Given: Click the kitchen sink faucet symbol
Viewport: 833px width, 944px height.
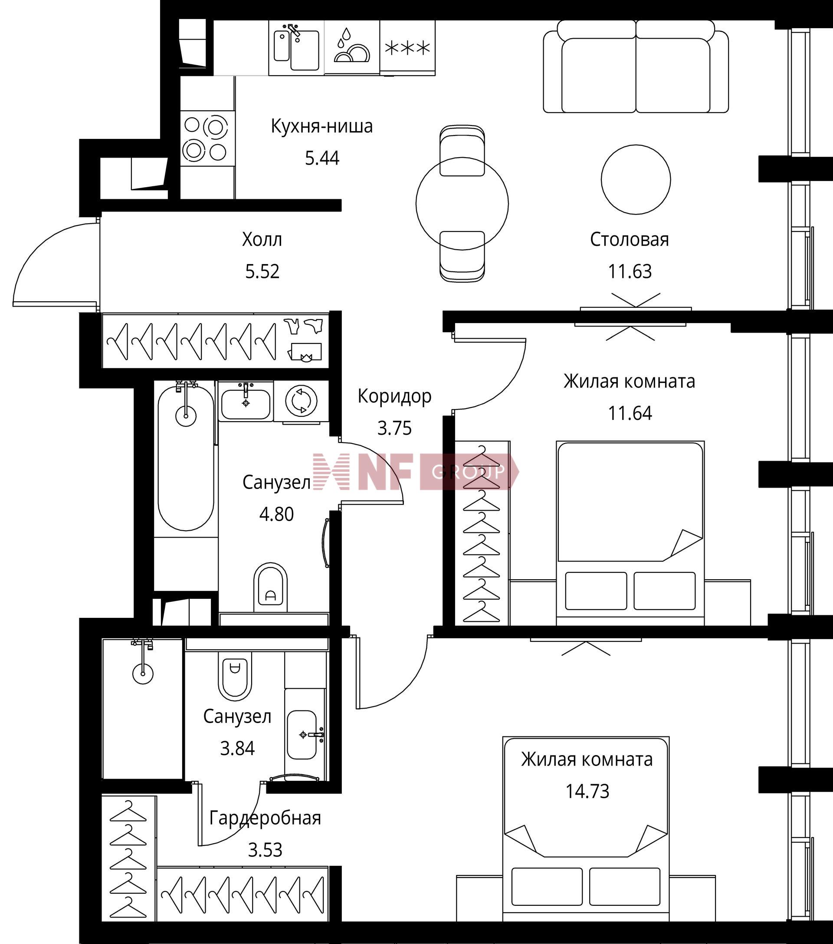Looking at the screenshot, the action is point(294,31).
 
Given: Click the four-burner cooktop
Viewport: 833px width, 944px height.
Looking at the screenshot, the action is point(207,138).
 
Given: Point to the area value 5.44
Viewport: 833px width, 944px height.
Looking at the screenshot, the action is point(322,158).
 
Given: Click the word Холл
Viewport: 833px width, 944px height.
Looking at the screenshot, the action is point(262,239).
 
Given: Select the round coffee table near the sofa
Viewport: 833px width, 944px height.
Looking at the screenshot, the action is point(636,179).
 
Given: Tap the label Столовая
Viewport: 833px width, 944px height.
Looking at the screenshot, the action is point(630,239).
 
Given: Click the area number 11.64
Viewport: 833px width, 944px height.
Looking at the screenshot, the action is point(630,413).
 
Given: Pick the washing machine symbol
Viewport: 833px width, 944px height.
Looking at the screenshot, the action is point(301,401).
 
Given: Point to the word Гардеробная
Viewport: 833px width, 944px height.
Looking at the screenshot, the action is point(266,818).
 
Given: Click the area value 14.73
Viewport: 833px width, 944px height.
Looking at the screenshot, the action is point(587,791).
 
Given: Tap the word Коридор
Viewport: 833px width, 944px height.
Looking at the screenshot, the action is point(394,396).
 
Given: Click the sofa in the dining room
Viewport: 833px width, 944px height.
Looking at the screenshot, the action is point(636,66).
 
